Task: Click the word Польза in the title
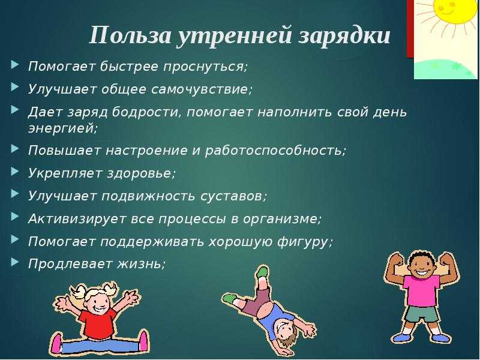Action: (131, 35)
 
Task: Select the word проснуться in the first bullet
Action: (205, 67)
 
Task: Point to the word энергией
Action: (63, 128)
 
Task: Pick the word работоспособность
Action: (275, 151)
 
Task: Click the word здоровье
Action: (142, 173)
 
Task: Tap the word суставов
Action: (233, 197)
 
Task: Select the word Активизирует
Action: (77, 219)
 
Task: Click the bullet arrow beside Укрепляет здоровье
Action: (14, 171)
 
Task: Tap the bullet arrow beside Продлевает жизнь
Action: (14, 262)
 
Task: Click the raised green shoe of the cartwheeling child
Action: (262, 272)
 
